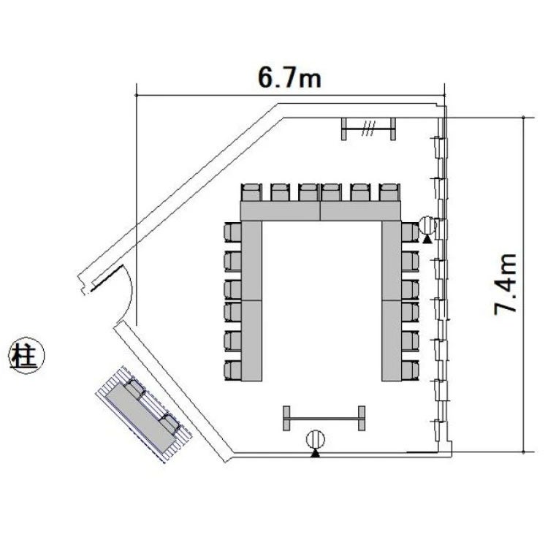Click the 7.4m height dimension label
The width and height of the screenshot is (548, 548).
pyautogui.click(x=505, y=283)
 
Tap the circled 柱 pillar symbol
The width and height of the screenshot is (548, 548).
pyautogui.click(x=26, y=355)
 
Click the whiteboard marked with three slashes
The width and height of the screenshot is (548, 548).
pyautogui.click(x=368, y=129)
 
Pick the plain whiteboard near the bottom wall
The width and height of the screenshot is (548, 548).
pyautogui.click(x=324, y=418)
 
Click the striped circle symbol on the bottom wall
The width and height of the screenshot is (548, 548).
pyautogui.click(x=316, y=440)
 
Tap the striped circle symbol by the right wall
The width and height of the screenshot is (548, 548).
pyautogui.click(x=427, y=226)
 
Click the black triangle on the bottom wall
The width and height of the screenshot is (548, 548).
pyautogui.click(x=316, y=453)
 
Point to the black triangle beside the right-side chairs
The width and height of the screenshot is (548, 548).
pyautogui.click(x=427, y=239)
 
